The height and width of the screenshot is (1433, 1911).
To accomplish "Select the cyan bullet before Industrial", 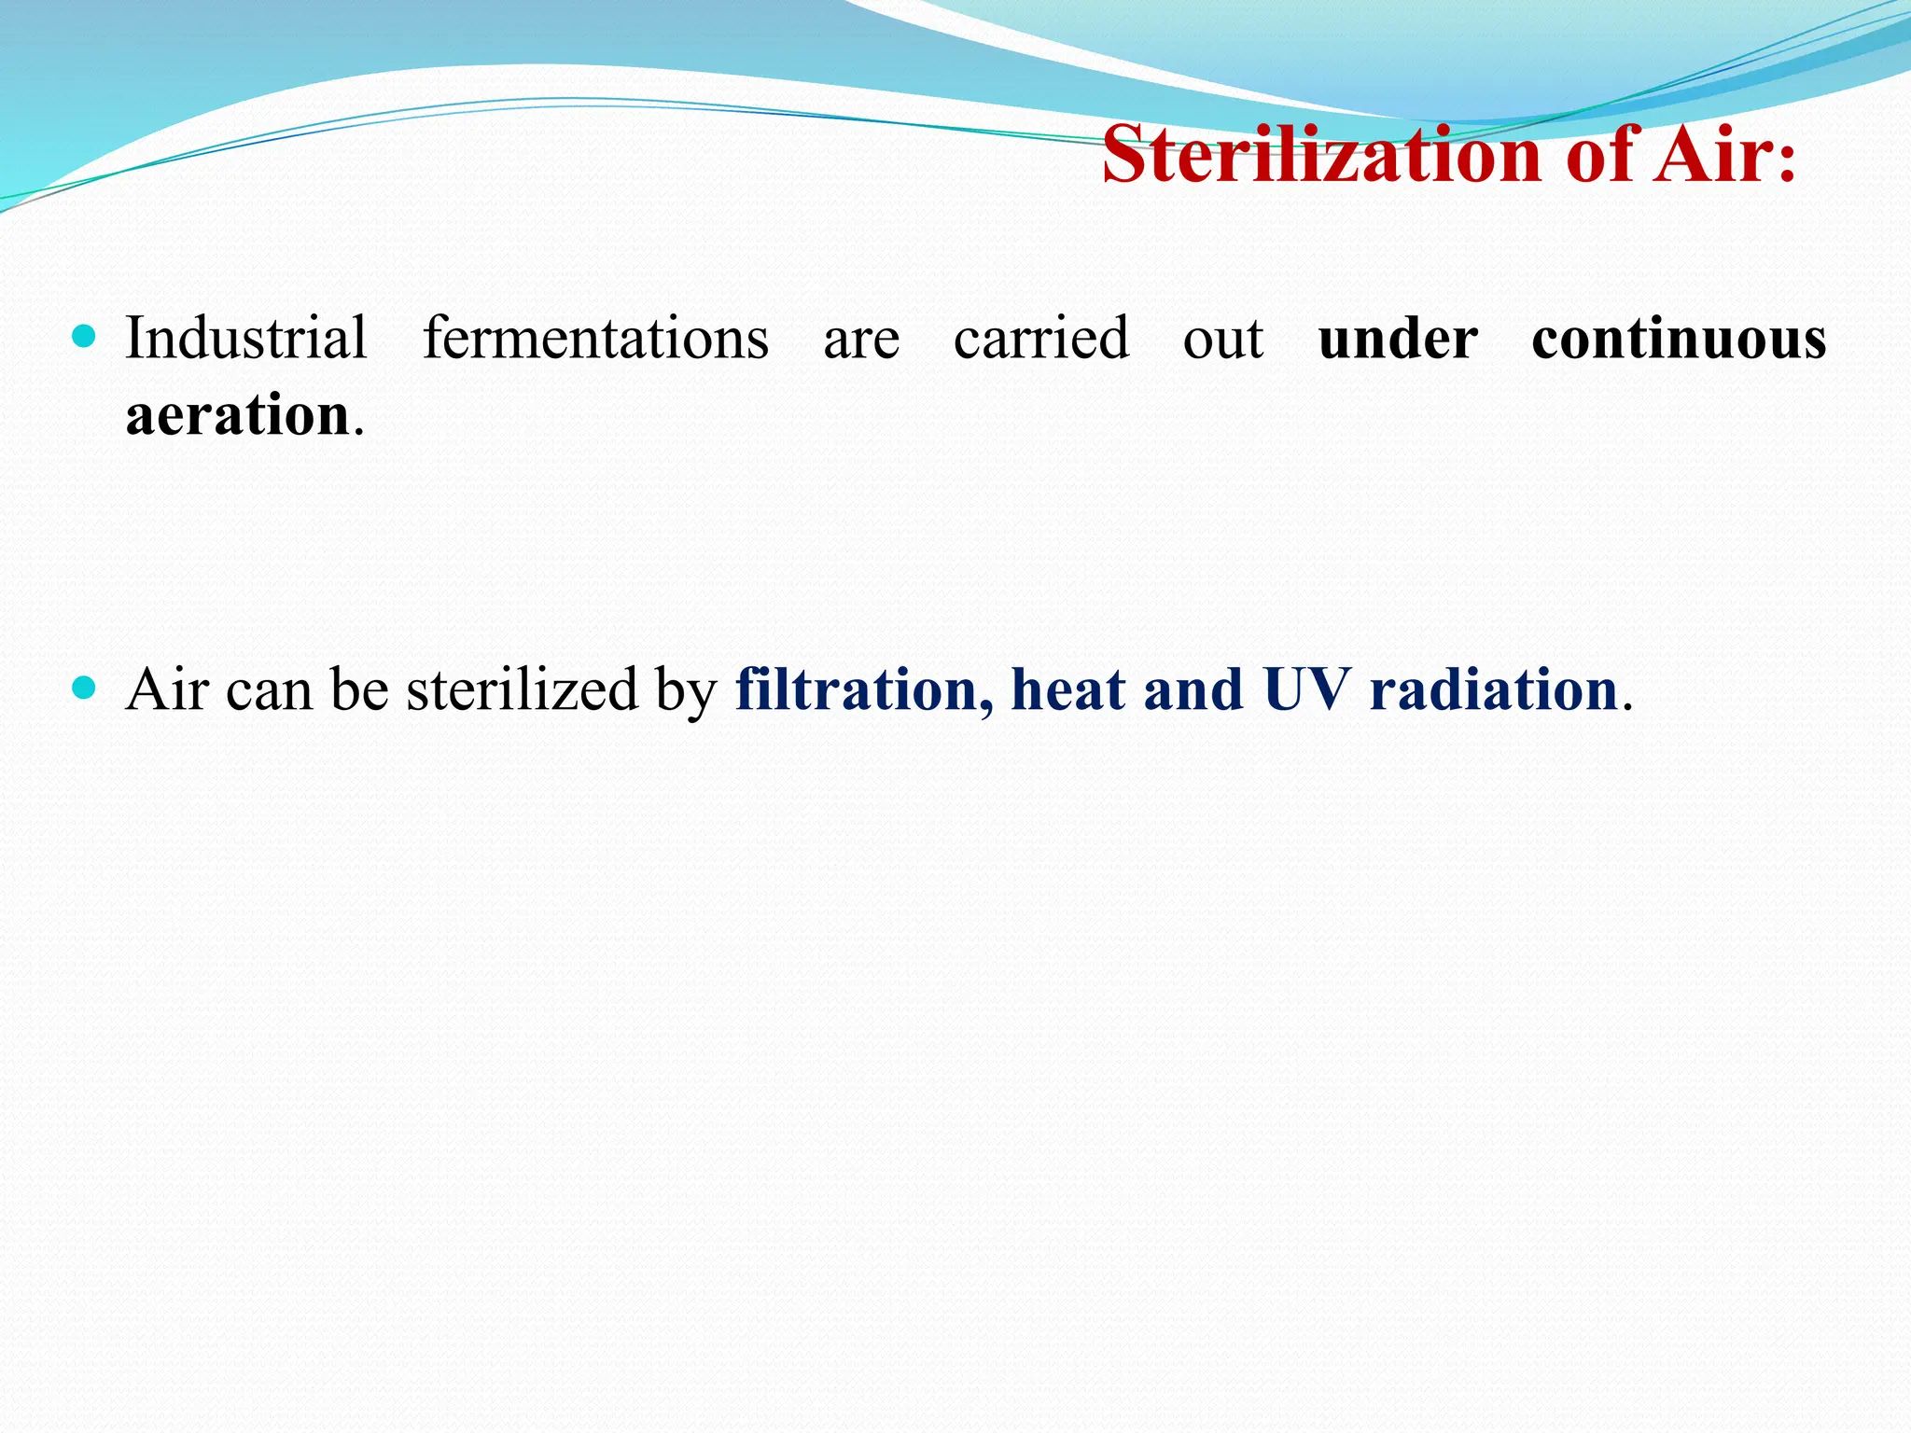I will coord(84,336).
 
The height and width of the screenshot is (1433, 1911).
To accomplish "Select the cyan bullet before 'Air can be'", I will coord(84,689).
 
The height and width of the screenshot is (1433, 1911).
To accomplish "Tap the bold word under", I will coord(1398,340).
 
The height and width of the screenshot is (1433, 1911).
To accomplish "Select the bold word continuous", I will coord(1679,340).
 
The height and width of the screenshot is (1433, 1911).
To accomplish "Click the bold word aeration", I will coord(238,415).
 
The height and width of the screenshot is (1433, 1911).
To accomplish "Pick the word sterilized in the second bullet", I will coord(522,690).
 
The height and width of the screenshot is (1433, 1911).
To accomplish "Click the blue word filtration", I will coord(856,690).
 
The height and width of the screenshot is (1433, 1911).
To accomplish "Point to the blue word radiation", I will coord(1493,690).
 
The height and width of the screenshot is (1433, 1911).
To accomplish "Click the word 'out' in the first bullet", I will coord(1222,340).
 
